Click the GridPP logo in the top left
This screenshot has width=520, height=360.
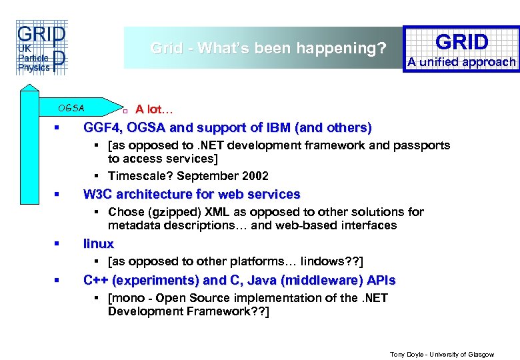(x=40, y=49)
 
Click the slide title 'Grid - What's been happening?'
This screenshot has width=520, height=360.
(x=268, y=48)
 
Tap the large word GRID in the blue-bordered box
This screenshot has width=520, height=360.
(x=462, y=42)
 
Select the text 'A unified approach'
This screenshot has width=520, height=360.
(x=462, y=62)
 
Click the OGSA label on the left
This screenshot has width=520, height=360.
(x=71, y=108)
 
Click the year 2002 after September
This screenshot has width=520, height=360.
(x=255, y=176)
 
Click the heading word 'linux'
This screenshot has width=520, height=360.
(x=98, y=243)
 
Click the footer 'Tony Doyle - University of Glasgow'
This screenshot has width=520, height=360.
(x=441, y=355)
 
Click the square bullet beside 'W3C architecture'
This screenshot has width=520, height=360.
(x=59, y=195)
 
